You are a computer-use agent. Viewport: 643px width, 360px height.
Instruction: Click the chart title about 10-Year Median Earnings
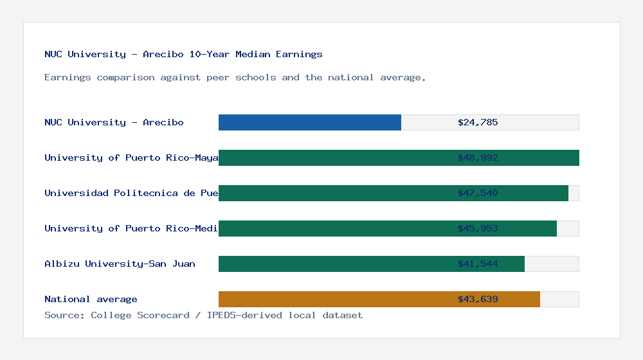[183, 54]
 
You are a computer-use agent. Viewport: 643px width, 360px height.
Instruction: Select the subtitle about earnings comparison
[235, 77]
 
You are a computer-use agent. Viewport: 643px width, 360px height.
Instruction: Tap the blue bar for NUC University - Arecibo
[309, 122]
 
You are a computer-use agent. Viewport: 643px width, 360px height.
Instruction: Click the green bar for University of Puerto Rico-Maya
[334, 157]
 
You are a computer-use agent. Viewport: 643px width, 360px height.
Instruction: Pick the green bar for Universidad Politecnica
[334, 193]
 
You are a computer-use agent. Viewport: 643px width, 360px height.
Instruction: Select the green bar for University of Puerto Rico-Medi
[334, 228]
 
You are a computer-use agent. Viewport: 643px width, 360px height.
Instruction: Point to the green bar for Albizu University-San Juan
[334, 264]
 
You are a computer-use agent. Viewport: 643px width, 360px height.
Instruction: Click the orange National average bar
[334, 299]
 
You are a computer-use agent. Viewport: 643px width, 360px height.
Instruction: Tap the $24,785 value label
[478, 122]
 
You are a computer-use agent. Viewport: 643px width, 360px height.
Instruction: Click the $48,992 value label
[478, 157]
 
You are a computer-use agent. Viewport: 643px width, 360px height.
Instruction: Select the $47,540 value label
[478, 193]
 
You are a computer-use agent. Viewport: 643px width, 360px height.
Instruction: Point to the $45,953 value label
[478, 228]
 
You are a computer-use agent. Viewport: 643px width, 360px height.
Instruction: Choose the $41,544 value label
[478, 264]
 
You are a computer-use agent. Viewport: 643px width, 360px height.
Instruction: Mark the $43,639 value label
[478, 299]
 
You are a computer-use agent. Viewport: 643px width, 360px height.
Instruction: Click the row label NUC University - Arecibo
[114, 122]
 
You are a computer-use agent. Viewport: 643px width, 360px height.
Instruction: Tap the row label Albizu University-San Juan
[120, 264]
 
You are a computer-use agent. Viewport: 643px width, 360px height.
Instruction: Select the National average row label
[91, 299]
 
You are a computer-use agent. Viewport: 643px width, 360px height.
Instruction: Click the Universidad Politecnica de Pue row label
[131, 193]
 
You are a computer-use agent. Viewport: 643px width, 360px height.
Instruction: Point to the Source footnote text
[203, 315]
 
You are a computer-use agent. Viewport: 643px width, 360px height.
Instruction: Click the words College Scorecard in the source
[140, 315]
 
